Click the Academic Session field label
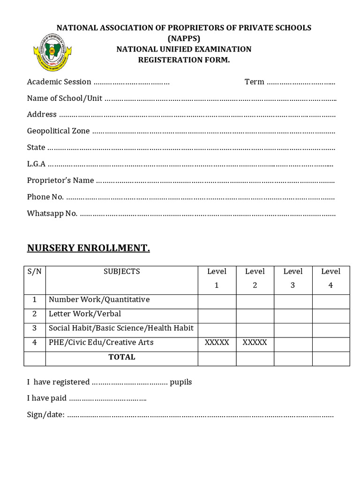[x=59, y=82]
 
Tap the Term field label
[x=254, y=82]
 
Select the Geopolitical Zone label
[x=58, y=131]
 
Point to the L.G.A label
[x=36, y=164]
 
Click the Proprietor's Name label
[x=60, y=180]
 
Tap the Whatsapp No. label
[x=52, y=213]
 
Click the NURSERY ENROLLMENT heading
[x=89, y=248]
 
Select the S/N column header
[x=35, y=271]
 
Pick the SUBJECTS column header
[x=122, y=271]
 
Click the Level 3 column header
[x=293, y=278]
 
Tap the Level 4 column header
[x=330, y=278]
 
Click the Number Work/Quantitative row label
[x=99, y=300]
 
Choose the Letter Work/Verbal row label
[x=85, y=314]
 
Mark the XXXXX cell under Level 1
[x=217, y=343]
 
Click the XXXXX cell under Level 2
[x=255, y=343]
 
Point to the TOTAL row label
[x=122, y=357]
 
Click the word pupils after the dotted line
[x=181, y=382]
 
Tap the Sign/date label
[x=45, y=415]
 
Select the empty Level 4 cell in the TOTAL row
[x=330, y=359]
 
